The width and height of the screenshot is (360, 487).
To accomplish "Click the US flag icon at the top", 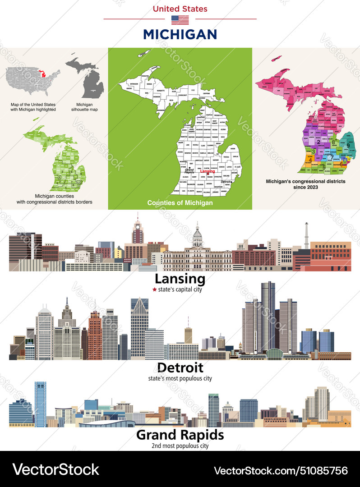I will pos(180,19).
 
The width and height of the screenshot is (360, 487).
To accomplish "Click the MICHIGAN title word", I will pos(180,34).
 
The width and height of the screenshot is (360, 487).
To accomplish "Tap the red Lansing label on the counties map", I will pos(207,172).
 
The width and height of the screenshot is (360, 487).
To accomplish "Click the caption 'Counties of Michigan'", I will pos(180,203).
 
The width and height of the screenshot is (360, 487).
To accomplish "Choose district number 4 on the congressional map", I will pos(310,160).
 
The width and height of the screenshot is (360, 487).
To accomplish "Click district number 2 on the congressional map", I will pos(318,142).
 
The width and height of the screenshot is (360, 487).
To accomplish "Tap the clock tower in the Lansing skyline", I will pos(138,232).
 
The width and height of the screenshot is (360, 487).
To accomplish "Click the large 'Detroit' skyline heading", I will pos(180,368).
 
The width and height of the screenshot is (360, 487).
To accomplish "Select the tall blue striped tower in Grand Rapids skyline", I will pos(40,404).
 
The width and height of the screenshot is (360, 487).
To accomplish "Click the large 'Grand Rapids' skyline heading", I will pos(180,435).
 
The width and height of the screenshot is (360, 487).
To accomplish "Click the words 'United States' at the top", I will pos(180,9).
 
